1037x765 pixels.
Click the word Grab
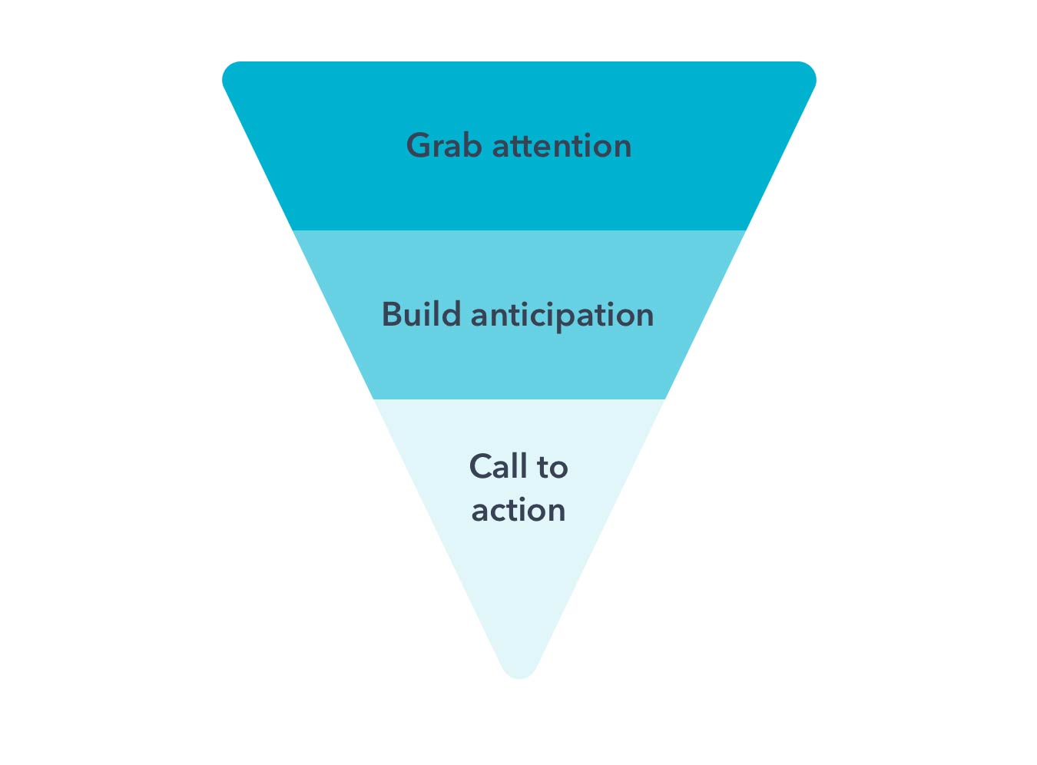444,145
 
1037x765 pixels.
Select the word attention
562,146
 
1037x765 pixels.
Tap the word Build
421,314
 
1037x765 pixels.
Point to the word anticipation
562,316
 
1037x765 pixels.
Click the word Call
499,466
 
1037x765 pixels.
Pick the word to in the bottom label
552,468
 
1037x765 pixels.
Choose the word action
518,510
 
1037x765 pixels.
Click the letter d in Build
450,314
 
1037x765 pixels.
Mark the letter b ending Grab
470,145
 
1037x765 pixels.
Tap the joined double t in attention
526,147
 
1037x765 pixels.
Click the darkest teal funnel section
519,187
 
